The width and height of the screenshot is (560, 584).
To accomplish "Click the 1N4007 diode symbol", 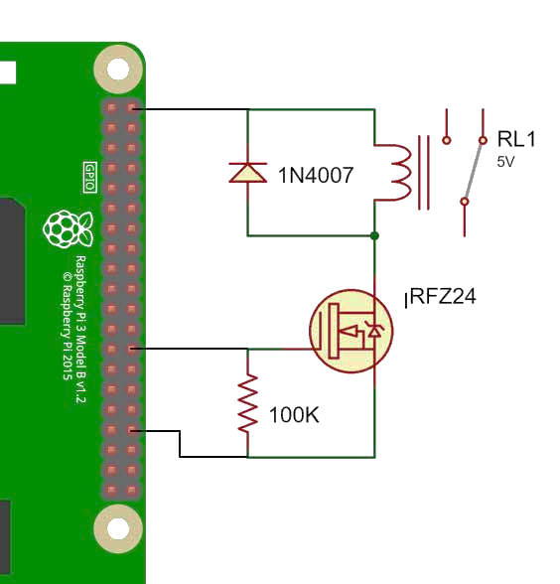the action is (x=248, y=173).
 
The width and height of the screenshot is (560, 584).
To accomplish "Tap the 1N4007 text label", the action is (x=316, y=176).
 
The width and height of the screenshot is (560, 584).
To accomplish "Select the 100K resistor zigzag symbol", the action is (x=248, y=404).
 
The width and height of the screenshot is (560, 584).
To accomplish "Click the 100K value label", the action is (x=294, y=415).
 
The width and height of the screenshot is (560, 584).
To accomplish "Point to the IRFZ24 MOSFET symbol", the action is (x=351, y=331).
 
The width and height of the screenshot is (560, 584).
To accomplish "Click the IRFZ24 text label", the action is (x=441, y=297).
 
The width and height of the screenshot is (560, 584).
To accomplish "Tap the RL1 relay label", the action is (x=516, y=139).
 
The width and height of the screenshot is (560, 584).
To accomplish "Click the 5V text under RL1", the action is (x=505, y=162).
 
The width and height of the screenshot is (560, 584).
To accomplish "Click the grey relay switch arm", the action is (x=474, y=171).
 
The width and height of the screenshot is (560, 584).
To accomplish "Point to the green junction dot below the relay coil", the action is (x=375, y=235).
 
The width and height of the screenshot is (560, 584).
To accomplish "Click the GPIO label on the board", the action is (x=90, y=177).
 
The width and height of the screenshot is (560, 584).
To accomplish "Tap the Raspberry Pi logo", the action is (x=68, y=228).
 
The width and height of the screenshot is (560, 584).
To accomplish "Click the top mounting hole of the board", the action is (x=118, y=70).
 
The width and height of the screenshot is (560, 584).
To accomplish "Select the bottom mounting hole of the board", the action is (x=118, y=528).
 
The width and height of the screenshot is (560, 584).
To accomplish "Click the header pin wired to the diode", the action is (x=131, y=108).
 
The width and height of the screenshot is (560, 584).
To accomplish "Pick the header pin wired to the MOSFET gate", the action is (x=131, y=349).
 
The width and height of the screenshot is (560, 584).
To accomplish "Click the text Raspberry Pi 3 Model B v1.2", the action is (x=80, y=330).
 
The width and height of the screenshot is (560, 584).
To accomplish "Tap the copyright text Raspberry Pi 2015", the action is (x=68, y=326).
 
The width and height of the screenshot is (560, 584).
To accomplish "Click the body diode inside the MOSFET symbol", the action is (x=374, y=330).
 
